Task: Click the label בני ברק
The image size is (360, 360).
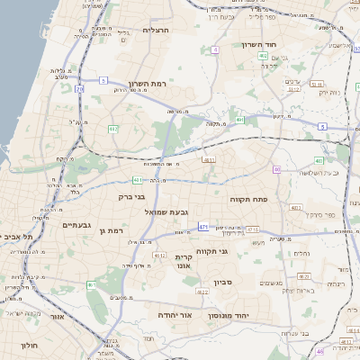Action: pyautogui.click(x=131, y=195)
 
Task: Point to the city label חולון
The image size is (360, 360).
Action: pyautogui.click(x=30, y=345)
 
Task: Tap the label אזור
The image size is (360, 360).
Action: pyautogui.click(x=58, y=316)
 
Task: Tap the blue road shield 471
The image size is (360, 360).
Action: pyautogui.click(x=204, y=227)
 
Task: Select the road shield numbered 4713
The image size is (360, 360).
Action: pyautogui.click(x=159, y=256)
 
